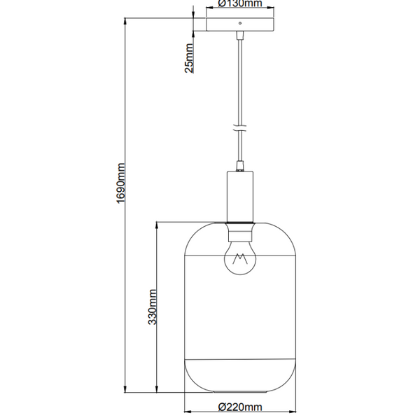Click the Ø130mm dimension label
pos(239,3)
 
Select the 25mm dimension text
pos(189,58)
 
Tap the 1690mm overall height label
pos(120,183)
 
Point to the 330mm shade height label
pos(152,307)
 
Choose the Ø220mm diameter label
pos(240,407)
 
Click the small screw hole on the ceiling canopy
pos(240,23)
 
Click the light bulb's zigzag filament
pos(240,259)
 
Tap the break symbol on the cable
pos(240,128)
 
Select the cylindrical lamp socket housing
pos(240,197)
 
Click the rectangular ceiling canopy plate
pos(240,24)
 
